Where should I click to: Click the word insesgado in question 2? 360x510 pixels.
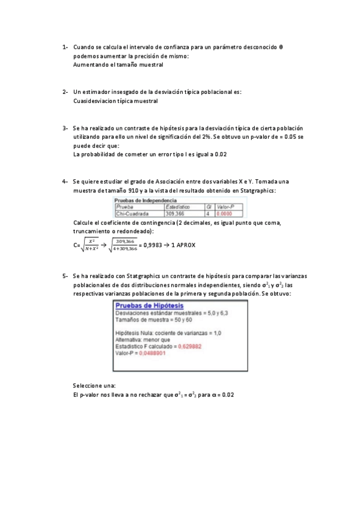point(124,91)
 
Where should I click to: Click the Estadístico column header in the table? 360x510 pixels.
point(178,206)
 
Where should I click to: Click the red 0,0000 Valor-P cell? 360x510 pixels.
point(224,213)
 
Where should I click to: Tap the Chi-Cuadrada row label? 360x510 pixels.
point(133,213)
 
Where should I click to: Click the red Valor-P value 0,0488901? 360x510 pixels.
point(153,353)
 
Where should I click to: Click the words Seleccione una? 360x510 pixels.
point(94,386)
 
